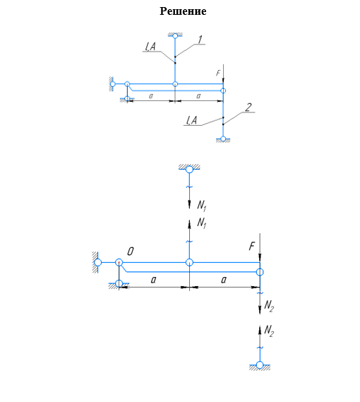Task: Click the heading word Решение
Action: coord(183,11)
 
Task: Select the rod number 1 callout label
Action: coord(200,40)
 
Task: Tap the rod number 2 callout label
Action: coord(248,107)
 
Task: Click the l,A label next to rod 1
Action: coord(150,47)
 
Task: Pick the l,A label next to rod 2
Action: coord(192,120)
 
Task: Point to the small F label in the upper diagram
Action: coord(218,73)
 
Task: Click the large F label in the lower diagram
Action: coord(252,246)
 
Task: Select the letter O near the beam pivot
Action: coord(131,252)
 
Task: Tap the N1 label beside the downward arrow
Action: coord(202,206)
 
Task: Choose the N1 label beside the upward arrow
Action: coord(202,223)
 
